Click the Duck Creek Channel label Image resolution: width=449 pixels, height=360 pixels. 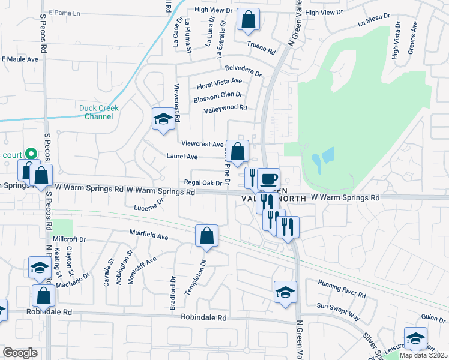[98, 112]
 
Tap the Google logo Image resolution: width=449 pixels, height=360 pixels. [20, 353]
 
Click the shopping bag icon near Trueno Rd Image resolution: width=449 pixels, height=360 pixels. [247, 20]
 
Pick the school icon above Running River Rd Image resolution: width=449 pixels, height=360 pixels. [285, 292]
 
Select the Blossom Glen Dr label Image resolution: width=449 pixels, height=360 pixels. [218, 95]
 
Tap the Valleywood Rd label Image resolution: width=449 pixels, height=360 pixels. [225, 108]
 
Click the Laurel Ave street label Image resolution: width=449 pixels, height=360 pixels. [182, 157]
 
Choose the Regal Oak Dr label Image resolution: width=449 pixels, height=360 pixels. [203, 182]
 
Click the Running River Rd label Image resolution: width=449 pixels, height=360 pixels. [342, 289]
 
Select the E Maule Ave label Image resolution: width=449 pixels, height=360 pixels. [20, 59]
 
